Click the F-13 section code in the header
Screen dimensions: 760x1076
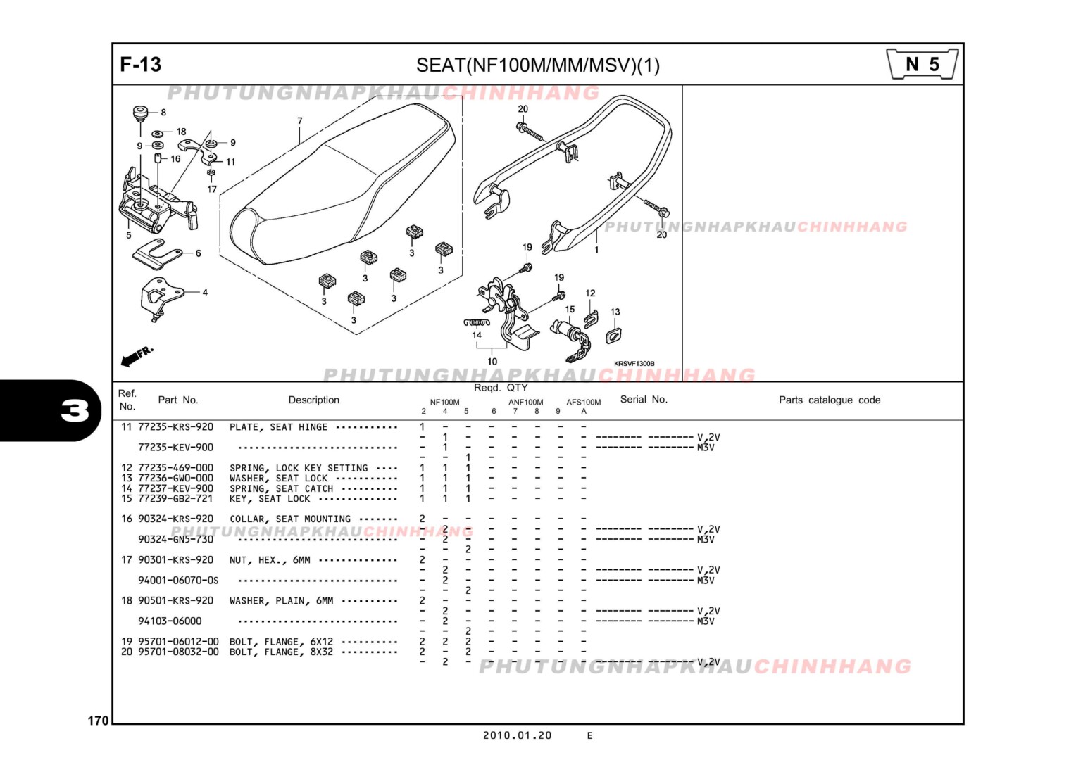tap(140, 65)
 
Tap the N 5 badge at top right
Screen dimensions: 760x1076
tap(922, 65)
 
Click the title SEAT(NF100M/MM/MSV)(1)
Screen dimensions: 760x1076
tap(537, 65)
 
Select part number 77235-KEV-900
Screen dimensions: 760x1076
tap(175, 448)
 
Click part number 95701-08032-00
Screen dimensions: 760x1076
tap(178, 652)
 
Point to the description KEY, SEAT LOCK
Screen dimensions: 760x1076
tap(270, 499)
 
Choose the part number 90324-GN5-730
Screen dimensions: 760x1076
tap(175, 540)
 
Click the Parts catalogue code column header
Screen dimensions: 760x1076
tap(829, 400)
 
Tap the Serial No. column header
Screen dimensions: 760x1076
tap(643, 399)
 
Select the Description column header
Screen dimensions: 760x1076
tap(313, 400)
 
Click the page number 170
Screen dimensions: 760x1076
tap(98, 721)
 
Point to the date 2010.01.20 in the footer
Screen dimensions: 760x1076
tap(517, 735)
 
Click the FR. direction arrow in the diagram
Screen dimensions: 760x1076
tap(136, 357)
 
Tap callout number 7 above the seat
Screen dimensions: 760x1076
tap(299, 121)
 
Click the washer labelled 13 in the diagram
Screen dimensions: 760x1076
tap(613, 336)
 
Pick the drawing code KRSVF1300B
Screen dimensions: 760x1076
tap(634, 364)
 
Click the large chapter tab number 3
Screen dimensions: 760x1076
tap(75, 410)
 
